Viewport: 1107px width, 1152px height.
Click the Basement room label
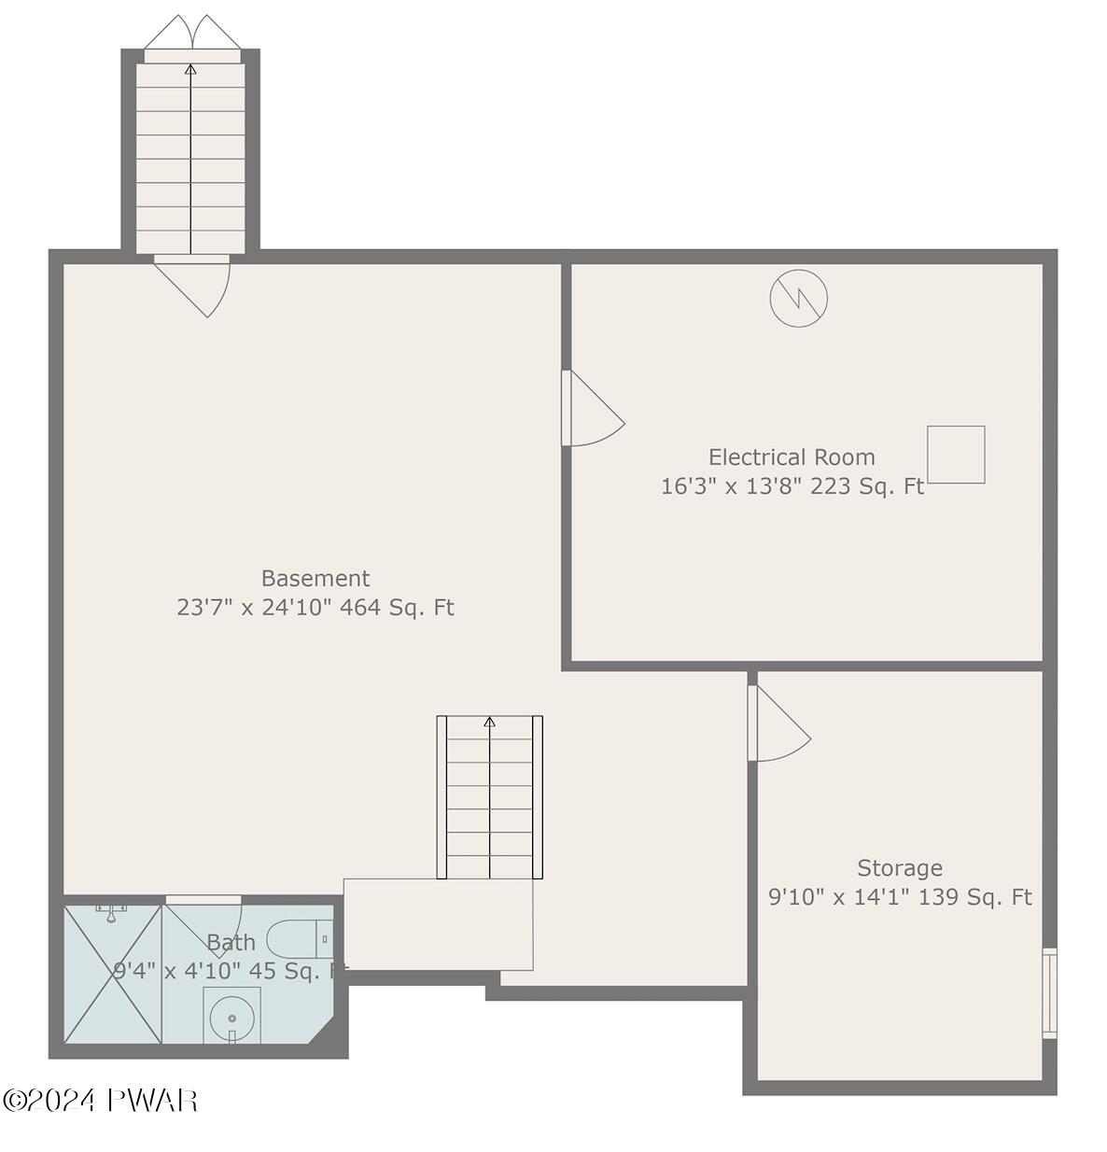point(315,579)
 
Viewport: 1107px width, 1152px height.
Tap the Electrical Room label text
point(792,457)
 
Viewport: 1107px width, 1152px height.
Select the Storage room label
point(900,868)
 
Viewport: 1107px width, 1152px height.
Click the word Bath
point(231,943)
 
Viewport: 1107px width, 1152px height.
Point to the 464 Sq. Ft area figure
point(397,608)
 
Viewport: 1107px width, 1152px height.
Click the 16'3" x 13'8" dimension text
point(731,486)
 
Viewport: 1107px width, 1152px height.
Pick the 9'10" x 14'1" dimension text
point(839,898)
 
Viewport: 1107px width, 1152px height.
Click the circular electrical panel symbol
point(798,298)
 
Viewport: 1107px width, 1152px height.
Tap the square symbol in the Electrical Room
point(956,455)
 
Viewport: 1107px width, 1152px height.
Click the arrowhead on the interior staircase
point(489,722)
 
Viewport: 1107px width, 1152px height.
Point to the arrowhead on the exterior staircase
point(191,68)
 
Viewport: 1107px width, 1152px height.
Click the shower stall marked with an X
point(113,973)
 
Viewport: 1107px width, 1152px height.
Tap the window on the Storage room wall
point(1049,992)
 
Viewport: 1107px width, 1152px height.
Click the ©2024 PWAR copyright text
point(100,1101)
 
